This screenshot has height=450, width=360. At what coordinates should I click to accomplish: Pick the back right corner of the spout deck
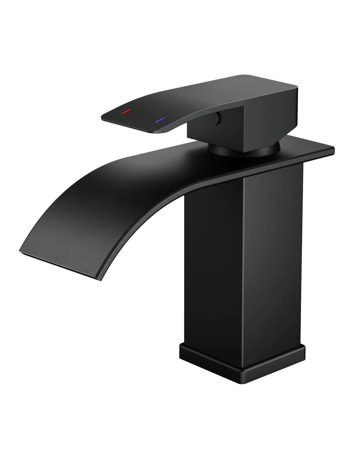pos(333,147)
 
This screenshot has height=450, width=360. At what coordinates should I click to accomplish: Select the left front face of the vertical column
pos(213,267)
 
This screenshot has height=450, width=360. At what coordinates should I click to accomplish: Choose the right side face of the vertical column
pos(273,253)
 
